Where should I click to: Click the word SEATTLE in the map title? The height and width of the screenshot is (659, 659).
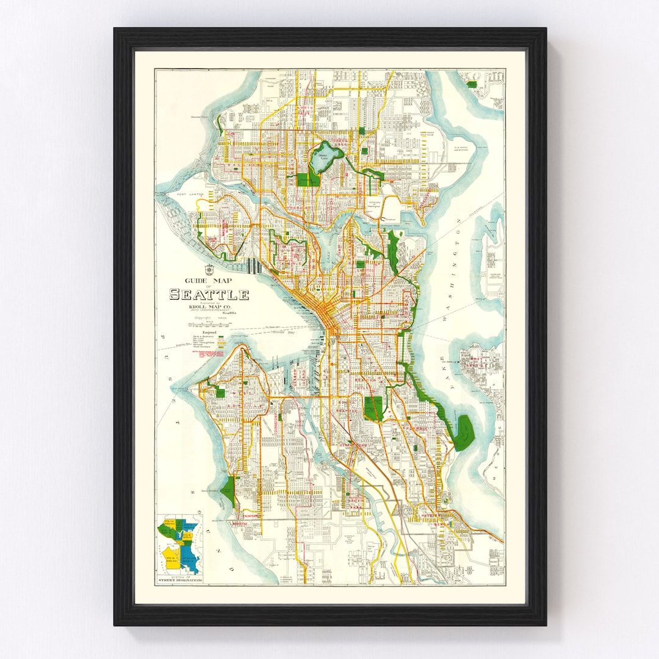[209, 295]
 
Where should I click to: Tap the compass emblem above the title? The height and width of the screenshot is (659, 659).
[209, 268]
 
